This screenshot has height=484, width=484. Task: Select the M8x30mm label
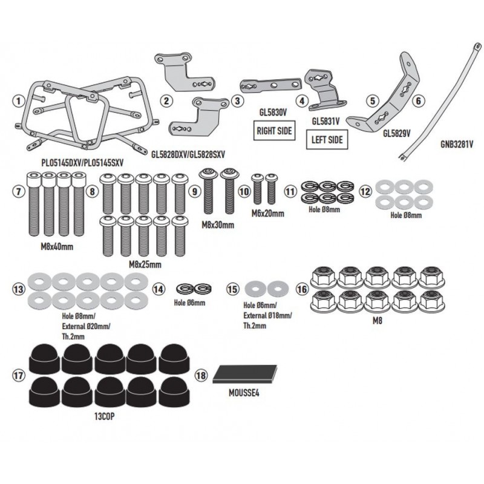218,225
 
